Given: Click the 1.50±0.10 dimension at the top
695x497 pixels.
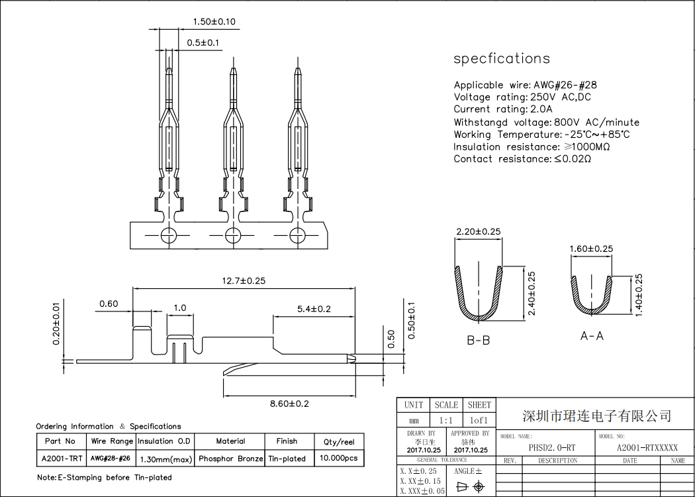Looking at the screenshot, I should tap(214, 22).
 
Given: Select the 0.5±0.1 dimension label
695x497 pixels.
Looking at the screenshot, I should tap(203, 43).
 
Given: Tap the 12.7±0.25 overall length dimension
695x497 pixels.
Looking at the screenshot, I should tap(243, 281).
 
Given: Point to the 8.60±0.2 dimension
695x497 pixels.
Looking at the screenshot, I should tap(289, 404).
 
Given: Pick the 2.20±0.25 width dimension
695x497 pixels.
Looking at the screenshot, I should tap(478, 231).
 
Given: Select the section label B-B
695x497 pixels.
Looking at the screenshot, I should tap(478, 341).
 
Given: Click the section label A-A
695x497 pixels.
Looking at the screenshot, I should tap(592, 336).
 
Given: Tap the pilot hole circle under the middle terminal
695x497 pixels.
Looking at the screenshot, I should tap(232, 235).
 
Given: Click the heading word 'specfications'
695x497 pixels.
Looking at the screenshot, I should tap(501, 58).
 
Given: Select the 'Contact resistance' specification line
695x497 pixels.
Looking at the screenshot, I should tap(522, 159).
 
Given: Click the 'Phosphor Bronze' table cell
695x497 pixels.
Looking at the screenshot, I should tap(230, 459).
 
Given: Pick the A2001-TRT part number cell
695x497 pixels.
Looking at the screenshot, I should tap(62, 459).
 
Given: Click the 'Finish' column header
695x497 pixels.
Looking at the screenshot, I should tap(287, 441).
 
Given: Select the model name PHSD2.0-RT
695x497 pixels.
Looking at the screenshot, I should tap(552, 448).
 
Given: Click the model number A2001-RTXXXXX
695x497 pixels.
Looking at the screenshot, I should tap(647, 448).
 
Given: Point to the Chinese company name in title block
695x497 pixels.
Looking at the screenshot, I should tap(596, 416).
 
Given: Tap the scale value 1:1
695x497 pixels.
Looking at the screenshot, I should tap(445, 421).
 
